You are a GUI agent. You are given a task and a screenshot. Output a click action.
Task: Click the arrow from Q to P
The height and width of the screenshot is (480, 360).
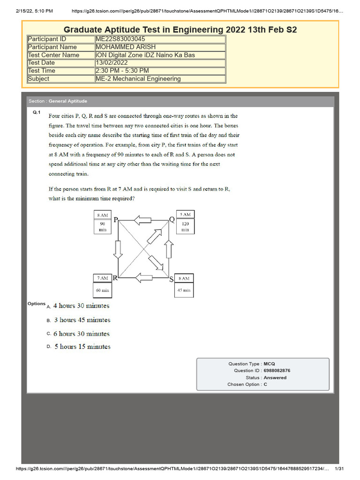tap(142, 220)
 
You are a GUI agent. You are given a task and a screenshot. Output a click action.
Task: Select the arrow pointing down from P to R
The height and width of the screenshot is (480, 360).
tap(118, 248)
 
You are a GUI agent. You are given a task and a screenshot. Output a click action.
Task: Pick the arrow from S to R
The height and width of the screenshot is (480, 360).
tap(142, 278)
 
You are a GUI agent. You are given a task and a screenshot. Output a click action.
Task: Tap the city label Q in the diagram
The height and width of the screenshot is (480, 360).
tap(172, 219)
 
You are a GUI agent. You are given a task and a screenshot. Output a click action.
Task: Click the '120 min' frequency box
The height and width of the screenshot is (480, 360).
tap(185, 227)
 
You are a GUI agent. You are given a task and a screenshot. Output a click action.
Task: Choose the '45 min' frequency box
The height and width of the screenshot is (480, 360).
tap(184, 290)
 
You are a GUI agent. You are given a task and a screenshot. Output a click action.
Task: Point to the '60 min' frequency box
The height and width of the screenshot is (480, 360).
tap(102, 290)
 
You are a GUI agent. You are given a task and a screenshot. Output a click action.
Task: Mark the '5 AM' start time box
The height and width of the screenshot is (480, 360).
tap(185, 215)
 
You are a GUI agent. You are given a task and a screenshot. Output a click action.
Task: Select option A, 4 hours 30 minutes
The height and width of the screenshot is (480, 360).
tap(81, 306)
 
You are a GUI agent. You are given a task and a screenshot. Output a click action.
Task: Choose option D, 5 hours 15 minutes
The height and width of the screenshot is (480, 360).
tap(82, 347)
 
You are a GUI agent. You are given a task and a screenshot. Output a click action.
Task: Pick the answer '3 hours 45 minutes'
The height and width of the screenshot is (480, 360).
tap(82, 320)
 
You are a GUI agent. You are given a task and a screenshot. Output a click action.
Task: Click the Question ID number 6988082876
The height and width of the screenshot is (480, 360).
tap(277, 371)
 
